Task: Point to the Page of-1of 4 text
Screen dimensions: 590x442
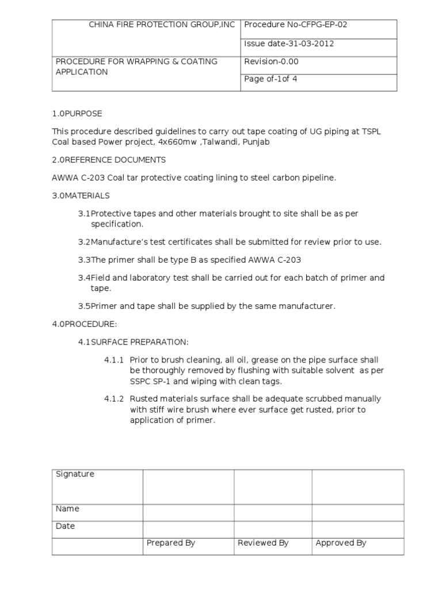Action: coord(270,79)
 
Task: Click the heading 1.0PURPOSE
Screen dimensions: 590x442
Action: coord(77,114)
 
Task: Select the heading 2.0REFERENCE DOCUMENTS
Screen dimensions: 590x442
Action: coord(109,160)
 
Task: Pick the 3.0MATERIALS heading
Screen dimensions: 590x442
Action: coord(81,196)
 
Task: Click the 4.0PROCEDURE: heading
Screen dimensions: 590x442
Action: coord(85,324)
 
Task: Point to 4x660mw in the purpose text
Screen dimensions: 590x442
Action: coord(182,142)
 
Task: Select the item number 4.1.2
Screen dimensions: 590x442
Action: coord(114,399)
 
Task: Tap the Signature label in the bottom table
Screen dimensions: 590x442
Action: coord(75,474)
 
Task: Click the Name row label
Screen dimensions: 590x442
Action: coord(67,509)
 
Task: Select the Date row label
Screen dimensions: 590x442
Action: coord(65,526)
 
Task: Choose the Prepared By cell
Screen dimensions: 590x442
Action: coord(171,543)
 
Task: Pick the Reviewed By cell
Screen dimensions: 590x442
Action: coord(263,543)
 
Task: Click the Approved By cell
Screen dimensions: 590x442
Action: coord(341,543)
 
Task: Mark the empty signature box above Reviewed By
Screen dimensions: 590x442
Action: coord(273,486)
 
